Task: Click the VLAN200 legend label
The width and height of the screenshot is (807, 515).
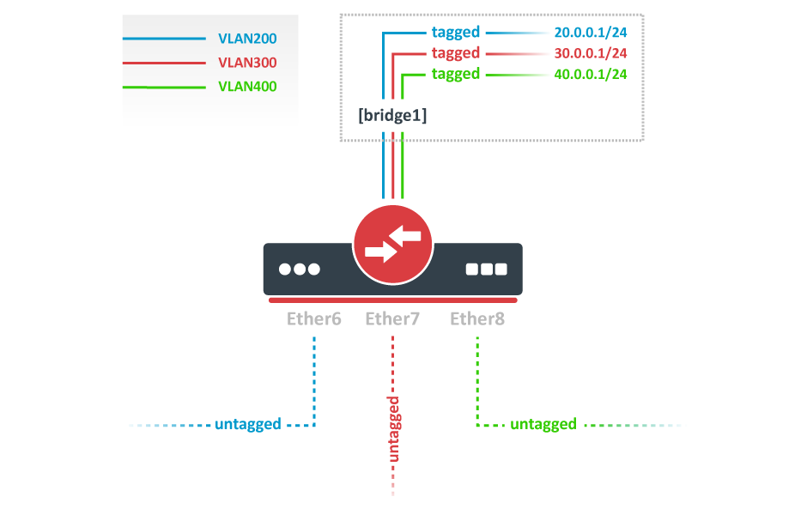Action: tap(247, 39)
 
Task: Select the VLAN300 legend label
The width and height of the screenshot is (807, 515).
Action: tap(247, 63)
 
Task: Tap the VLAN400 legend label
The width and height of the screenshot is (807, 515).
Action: tap(247, 87)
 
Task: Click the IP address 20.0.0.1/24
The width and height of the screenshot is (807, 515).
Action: tap(591, 33)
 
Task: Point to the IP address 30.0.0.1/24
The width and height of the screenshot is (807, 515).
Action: tap(591, 53)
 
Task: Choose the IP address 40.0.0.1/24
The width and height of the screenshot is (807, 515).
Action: tap(591, 74)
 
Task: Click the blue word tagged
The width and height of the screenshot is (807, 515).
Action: tap(456, 33)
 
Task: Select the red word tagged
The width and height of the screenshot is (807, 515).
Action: tap(456, 53)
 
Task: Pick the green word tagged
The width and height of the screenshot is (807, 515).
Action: tap(456, 74)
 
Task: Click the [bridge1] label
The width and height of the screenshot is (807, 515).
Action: tap(392, 114)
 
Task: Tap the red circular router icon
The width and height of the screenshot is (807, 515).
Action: tap(392, 245)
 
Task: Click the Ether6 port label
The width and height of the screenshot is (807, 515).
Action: tap(314, 319)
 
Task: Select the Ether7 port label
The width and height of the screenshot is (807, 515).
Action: tap(392, 319)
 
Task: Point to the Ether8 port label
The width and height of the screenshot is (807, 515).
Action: tap(477, 319)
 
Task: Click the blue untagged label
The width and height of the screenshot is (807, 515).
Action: tap(248, 424)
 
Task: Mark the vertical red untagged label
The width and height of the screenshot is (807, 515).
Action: tap(393, 429)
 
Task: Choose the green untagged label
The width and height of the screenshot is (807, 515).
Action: tap(543, 424)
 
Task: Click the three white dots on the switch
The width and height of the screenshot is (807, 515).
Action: tap(300, 269)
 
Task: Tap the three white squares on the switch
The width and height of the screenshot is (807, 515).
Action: tap(487, 269)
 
